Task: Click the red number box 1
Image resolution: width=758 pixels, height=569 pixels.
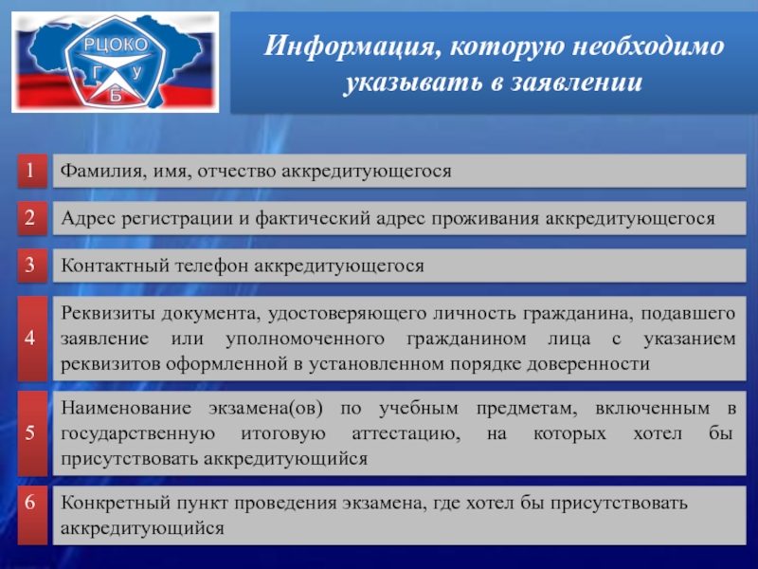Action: point(32,171)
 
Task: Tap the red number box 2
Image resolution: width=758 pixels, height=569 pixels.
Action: point(32,218)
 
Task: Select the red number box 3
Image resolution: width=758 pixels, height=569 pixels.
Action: point(32,266)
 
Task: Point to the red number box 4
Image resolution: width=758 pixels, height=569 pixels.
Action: point(32,339)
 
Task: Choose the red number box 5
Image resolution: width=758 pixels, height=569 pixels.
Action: point(32,433)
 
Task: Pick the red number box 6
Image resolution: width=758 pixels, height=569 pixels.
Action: point(32,515)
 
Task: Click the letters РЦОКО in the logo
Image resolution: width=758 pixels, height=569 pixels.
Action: point(116,45)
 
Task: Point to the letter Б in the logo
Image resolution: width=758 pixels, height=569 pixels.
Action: point(116,96)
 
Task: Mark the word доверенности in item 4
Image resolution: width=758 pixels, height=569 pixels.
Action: point(587,364)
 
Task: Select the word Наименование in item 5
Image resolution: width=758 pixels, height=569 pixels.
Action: point(126,409)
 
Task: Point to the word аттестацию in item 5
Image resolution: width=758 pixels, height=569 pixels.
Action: point(406,433)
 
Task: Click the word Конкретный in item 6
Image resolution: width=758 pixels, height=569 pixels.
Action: point(114,504)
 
